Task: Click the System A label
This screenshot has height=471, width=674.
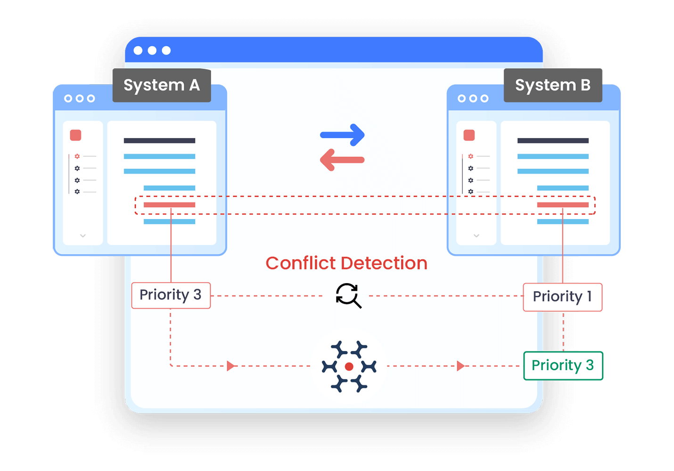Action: pyautogui.click(x=162, y=85)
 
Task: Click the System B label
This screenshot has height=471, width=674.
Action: pyautogui.click(x=553, y=85)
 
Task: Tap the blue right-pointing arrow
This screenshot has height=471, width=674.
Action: pyautogui.click(x=343, y=135)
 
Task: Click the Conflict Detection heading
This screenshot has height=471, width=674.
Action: pyautogui.click(x=346, y=263)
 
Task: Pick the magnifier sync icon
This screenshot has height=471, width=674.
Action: pyautogui.click(x=348, y=296)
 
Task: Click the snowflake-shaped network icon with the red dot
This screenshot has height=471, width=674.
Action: pyautogui.click(x=349, y=366)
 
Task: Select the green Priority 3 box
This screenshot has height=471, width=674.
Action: pyautogui.click(x=563, y=365)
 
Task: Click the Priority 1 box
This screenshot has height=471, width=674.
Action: pyautogui.click(x=563, y=297)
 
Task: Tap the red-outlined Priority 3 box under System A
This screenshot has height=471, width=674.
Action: pyautogui.click(x=171, y=295)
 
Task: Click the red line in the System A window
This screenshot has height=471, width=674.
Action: pyautogui.click(x=169, y=205)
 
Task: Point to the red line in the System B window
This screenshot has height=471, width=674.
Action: pyautogui.click(x=563, y=205)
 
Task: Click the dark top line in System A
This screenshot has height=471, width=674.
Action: pyautogui.click(x=159, y=140)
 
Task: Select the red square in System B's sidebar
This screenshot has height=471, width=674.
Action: pyautogui.click(x=469, y=136)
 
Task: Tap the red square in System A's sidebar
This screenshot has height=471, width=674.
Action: pyautogui.click(x=75, y=136)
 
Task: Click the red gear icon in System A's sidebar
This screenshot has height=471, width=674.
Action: pyautogui.click(x=77, y=156)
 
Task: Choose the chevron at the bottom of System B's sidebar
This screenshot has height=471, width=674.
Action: pyautogui.click(x=477, y=235)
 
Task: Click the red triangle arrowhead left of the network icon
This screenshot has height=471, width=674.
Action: pyautogui.click(x=230, y=366)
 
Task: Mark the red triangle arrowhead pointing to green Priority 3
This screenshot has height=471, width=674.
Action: pyautogui.click(x=460, y=366)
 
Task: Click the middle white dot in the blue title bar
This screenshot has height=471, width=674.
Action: pyautogui.click(x=152, y=50)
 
